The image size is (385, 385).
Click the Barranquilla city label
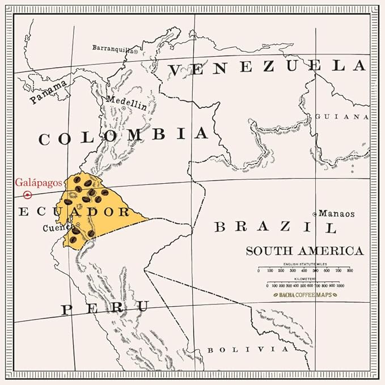point(113,48)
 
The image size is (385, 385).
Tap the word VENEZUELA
point(266,67)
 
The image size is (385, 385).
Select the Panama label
point(49,92)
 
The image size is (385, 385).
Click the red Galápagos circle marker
point(28,194)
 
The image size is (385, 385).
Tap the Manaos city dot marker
point(315,214)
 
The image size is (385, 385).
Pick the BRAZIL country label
point(276,227)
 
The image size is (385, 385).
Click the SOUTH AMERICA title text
point(304,251)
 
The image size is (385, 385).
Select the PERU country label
point(105,308)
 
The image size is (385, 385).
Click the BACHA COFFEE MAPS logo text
point(304,295)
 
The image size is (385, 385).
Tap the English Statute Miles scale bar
point(304,269)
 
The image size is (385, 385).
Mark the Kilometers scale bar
point(304,284)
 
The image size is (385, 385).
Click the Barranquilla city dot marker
point(136,51)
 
